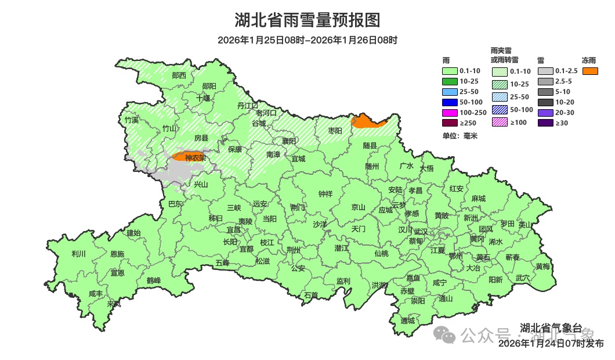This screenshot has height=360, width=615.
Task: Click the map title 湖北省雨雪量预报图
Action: coord(307,20)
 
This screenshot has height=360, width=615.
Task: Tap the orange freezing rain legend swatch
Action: coord(591,71)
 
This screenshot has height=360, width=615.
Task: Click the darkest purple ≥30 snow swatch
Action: coord(545,123)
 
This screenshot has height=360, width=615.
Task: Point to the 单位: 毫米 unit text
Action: coord(460,136)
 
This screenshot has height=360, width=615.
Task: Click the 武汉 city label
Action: coord(421,232)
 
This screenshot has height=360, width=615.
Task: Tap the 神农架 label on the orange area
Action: coord(195,157)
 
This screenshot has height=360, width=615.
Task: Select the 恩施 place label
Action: coord(117,254)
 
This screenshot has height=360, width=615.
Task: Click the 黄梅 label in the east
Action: coord(543,267)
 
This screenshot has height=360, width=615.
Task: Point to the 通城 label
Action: coord(408,321)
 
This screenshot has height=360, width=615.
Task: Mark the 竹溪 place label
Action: coord(132,120)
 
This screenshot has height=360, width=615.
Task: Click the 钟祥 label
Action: coord(325,195)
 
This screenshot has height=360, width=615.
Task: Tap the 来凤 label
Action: coord(114,304)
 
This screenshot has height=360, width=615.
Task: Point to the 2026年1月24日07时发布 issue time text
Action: coord(551,344)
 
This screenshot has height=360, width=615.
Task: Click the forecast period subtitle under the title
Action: coord(307,40)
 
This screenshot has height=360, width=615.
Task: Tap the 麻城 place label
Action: coord(478,199)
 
